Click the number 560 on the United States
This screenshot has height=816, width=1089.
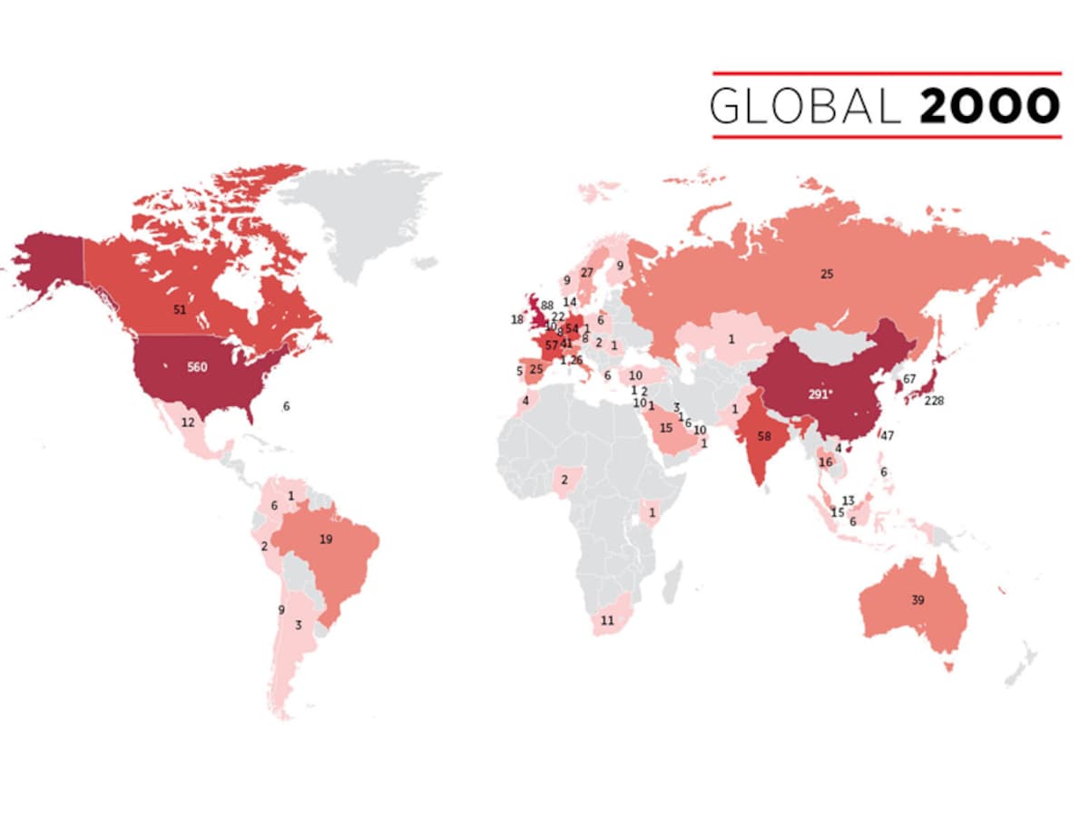tap(197, 367)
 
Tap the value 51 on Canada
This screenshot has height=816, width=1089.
tap(180, 309)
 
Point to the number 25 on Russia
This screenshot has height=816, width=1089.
tap(826, 273)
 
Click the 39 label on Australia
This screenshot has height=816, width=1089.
tap(917, 600)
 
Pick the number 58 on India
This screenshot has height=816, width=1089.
tap(764, 436)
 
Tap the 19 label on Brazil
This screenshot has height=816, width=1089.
tap(326, 539)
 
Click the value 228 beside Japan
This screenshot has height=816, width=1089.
tap(935, 401)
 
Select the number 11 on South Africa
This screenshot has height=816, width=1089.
tap(608, 621)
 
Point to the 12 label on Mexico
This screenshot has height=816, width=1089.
tap(188, 423)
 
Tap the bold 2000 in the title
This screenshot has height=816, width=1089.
tap(990, 106)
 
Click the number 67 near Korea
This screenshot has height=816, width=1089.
tap(910, 378)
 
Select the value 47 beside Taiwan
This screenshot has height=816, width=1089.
tap(888, 436)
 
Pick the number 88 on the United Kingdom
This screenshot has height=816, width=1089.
tap(547, 306)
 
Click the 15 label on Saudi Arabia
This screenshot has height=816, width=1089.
tap(666, 428)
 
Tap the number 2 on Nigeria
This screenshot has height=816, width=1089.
tap(564, 480)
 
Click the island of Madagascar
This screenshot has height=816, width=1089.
tap(672, 581)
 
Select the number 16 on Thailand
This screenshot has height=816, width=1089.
tap(825, 462)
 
